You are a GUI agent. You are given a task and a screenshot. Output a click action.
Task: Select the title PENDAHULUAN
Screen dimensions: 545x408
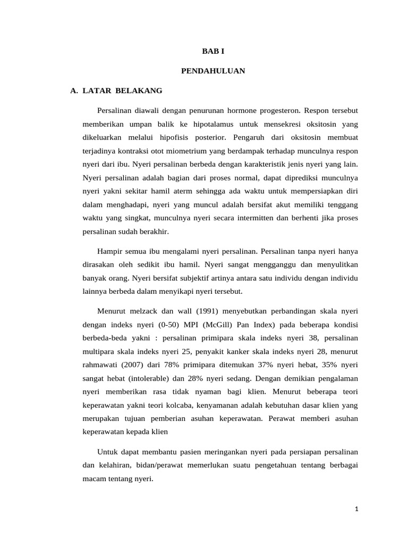tap(213, 70)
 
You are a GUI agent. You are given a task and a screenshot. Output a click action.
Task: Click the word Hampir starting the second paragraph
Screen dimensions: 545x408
tap(110, 251)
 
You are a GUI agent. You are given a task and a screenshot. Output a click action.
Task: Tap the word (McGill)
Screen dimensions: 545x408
tap(228, 325)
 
